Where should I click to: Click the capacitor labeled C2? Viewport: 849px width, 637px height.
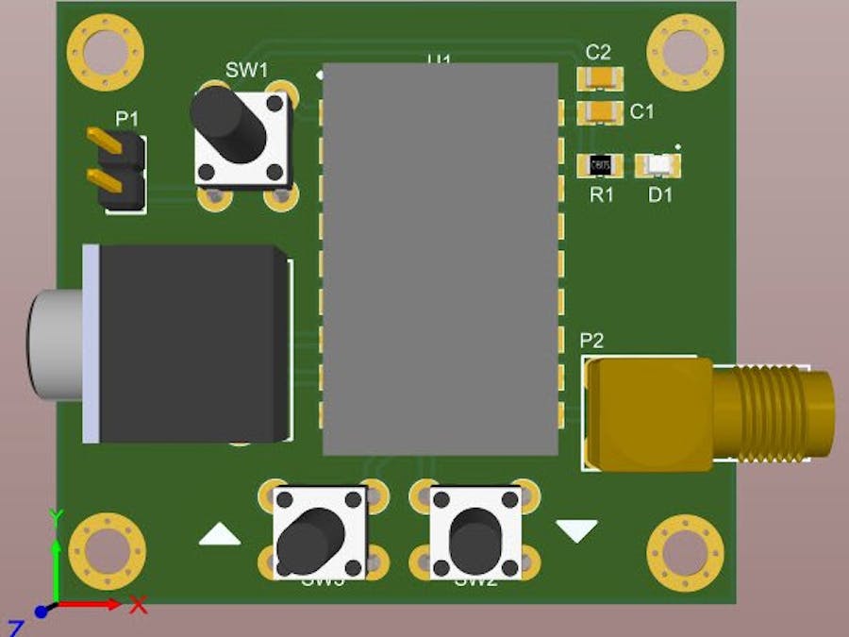[x=600, y=77]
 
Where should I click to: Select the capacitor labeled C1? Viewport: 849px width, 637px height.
[x=600, y=112]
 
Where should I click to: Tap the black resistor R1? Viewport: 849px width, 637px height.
[x=600, y=166]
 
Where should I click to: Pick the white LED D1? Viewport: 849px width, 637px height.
[x=658, y=166]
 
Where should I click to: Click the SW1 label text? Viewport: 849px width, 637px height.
[x=246, y=69]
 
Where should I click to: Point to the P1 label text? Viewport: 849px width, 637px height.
[x=126, y=119]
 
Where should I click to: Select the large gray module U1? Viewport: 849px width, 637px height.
[x=441, y=260]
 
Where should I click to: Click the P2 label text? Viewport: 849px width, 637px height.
[x=591, y=342]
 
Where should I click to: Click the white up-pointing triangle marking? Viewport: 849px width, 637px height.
[x=220, y=535]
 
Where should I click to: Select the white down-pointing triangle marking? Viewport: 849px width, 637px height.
[x=576, y=530]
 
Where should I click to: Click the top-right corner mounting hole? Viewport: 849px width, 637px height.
[x=686, y=52]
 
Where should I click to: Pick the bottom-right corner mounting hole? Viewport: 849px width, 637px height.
[x=686, y=553]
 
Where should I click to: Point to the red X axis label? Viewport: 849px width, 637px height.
[x=138, y=604]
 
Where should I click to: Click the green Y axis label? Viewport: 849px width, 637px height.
[x=56, y=515]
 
